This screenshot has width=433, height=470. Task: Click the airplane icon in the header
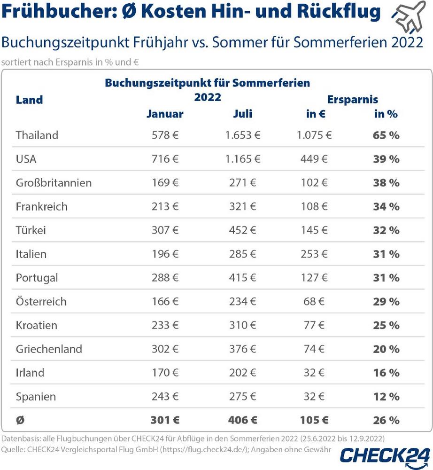[x=408, y=16]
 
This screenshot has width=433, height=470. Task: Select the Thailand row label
[x=37, y=135]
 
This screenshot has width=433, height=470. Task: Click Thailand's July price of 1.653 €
[x=242, y=135]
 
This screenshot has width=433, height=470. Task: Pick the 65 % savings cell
[x=387, y=135]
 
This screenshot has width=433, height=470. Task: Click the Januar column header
[x=165, y=114]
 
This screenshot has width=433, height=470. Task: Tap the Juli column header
[x=242, y=114]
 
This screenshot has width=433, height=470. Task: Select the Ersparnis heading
[x=352, y=100]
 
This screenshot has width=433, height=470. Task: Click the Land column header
[x=29, y=100]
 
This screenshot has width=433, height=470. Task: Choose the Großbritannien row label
[x=54, y=183]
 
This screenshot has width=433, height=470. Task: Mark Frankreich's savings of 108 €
[x=312, y=206]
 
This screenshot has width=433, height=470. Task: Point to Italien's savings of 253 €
[x=312, y=254]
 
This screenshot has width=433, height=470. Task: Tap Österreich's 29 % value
[x=387, y=301]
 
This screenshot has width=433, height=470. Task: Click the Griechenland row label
[x=49, y=349]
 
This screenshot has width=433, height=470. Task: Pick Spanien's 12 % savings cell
[x=387, y=396]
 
